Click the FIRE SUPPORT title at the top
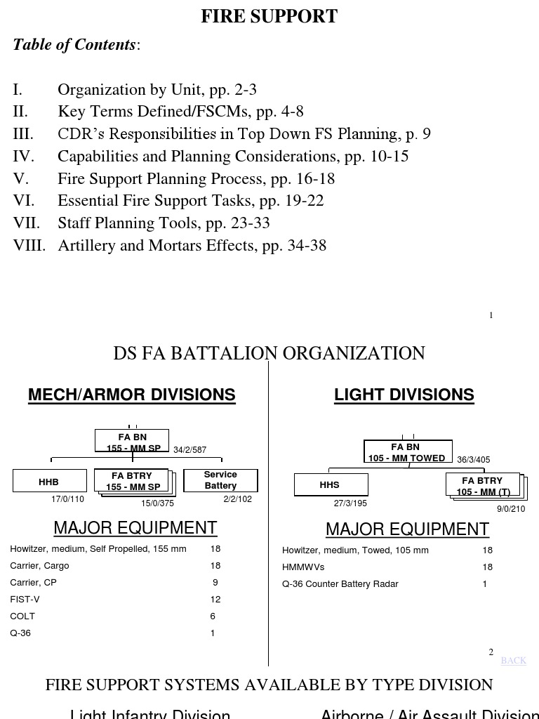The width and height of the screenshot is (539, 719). (x=269, y=16)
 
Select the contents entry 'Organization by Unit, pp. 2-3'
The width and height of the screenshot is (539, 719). (x=157, y=90)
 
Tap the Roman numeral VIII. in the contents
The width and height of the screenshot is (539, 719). (x=29, y=246)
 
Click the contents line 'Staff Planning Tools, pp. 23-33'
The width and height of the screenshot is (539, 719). (x=164, y=223)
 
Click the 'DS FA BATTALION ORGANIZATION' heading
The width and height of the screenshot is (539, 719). (x=269, y=353)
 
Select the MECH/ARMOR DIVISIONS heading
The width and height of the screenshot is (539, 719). (x=132, y=395)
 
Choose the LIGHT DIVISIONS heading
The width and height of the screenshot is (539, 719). (x=404, y=395)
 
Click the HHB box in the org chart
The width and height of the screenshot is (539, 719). (x=49, y=482)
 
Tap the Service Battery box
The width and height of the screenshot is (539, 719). (x=220, y=480)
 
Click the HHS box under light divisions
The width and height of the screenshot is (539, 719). (x=330, y=484)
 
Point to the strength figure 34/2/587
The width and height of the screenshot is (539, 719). (x=190, y=450)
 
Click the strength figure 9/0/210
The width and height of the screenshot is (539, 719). (x=511, y=509)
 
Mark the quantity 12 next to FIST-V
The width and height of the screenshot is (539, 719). (x=215, y=600)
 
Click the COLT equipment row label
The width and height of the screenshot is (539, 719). (x=22, y=616)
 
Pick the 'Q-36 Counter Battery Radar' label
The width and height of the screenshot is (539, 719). (x=340, y=584)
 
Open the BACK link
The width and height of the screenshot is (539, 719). (x=513, y=661)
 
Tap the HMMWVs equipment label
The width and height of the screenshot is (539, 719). (x=303, y=567)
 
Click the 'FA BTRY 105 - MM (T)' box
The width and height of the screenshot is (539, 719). (x=483, y=486)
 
